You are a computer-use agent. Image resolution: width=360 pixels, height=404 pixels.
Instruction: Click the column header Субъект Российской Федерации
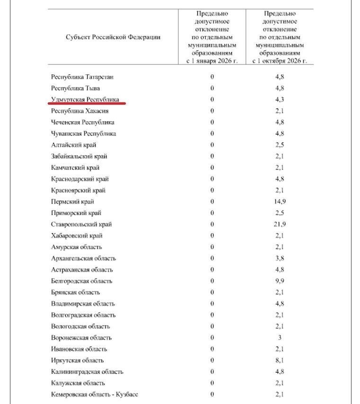113,37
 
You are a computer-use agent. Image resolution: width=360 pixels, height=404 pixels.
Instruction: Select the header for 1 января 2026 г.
212,37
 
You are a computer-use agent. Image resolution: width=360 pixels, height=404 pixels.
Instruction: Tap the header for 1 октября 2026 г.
280,37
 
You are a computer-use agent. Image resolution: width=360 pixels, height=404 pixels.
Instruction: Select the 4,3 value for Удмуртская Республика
280,99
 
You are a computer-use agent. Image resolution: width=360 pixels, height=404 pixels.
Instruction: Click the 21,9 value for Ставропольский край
280,224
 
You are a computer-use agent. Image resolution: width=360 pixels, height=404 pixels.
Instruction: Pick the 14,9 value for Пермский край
280,202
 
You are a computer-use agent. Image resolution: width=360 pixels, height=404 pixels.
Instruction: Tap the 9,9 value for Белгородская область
280,281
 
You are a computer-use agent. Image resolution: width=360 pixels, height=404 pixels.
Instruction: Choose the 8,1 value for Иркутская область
280,360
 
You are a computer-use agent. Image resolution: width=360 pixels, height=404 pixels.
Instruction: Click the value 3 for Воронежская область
280,338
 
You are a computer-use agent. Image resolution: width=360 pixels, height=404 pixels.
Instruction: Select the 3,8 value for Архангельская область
280,259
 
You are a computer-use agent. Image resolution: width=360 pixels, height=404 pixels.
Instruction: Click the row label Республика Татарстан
82,77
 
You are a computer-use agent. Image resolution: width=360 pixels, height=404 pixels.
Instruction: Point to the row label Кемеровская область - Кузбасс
95,394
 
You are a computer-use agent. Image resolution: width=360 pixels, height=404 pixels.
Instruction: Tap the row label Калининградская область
87,372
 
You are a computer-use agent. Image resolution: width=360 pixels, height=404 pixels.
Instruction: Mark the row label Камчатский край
75,168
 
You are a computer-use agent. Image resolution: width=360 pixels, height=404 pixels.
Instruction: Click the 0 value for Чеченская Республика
212,122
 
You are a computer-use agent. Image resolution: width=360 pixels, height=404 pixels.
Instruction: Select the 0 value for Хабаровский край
212,236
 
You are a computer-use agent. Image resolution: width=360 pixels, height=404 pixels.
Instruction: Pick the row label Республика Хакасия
80,111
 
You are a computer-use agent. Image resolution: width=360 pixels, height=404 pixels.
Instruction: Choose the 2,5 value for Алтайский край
280,145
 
